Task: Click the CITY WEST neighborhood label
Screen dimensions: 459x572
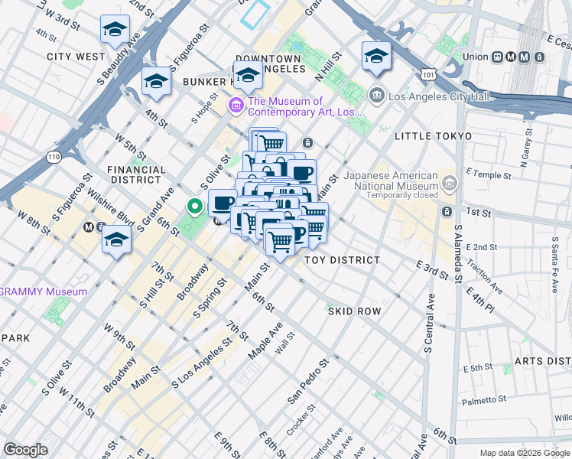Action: tap(75, 57)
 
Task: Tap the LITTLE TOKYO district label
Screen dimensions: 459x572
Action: tap(430, 136)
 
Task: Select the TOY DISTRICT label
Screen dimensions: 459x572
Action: tap(342, 260)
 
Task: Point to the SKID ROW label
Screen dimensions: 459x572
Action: tap(354, 311)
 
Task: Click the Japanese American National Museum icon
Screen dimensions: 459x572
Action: tap(449, 184)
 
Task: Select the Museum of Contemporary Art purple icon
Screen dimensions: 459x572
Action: tap(236, 104)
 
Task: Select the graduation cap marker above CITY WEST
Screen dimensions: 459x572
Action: tap(115, 30)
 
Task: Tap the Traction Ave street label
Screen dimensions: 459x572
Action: tap(487, 280)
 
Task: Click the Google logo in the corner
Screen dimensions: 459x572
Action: tap(25, 449)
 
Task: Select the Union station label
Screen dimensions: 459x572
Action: tap(475, 57)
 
